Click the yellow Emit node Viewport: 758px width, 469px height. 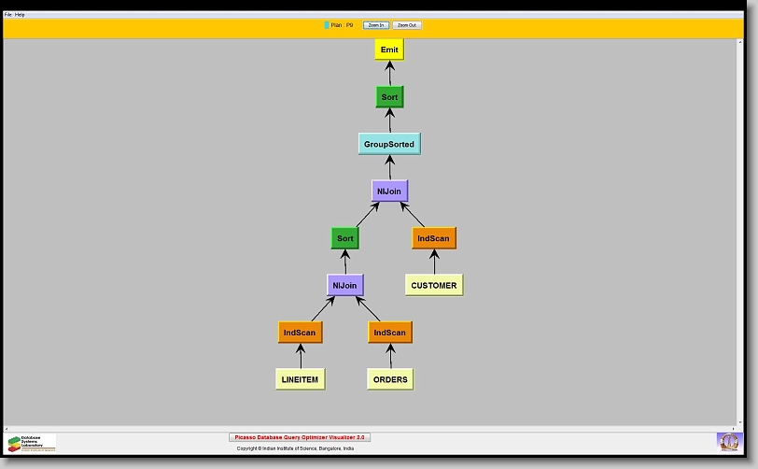[389, 50]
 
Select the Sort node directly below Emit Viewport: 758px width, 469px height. [389, 97]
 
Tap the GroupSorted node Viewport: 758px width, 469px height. [389, 144]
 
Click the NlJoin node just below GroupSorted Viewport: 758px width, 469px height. [389, 191]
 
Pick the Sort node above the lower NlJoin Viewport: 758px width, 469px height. [345, 238]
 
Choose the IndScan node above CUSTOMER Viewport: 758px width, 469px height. [433, 238]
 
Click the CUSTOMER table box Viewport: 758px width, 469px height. [434, 285]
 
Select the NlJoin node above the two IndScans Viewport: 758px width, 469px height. [345, 285]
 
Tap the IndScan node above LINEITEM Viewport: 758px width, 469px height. [300, 332]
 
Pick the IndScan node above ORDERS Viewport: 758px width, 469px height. [389, 332]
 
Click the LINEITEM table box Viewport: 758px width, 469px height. [301, 379]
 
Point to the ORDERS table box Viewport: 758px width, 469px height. [390, 379]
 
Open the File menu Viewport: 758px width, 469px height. [8, 15]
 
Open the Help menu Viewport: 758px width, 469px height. [21, 15]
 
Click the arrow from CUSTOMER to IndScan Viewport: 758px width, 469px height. [433, 263]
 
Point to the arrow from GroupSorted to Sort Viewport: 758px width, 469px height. [389, 121]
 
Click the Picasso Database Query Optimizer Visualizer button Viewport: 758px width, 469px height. [300, 437]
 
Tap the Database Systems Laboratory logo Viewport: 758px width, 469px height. [31, 443]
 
